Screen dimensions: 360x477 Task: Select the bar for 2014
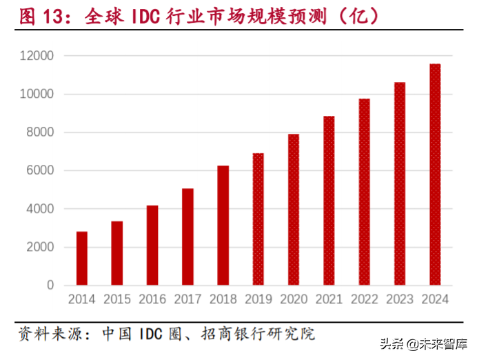(x=82, y=258)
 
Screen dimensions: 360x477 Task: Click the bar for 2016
(x=152, y=245)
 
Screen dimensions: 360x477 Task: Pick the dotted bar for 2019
(x=258, y=219)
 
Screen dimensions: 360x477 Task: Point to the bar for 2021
(x=329, y=200)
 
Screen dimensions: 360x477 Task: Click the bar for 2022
(x=364, y=192)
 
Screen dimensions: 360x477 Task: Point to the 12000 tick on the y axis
(x=39, y=56)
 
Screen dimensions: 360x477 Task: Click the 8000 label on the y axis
(x=41, y=132)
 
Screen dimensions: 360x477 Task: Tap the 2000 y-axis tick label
(x=41, y=247)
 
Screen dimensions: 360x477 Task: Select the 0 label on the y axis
(x=50, y=285)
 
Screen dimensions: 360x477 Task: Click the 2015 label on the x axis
(x=117, y=299)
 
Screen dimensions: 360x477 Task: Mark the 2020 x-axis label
(x=294, y=299)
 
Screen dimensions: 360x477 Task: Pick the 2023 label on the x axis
(x=400, y=299)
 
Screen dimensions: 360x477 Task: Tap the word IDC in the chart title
(x=145, y=16)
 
